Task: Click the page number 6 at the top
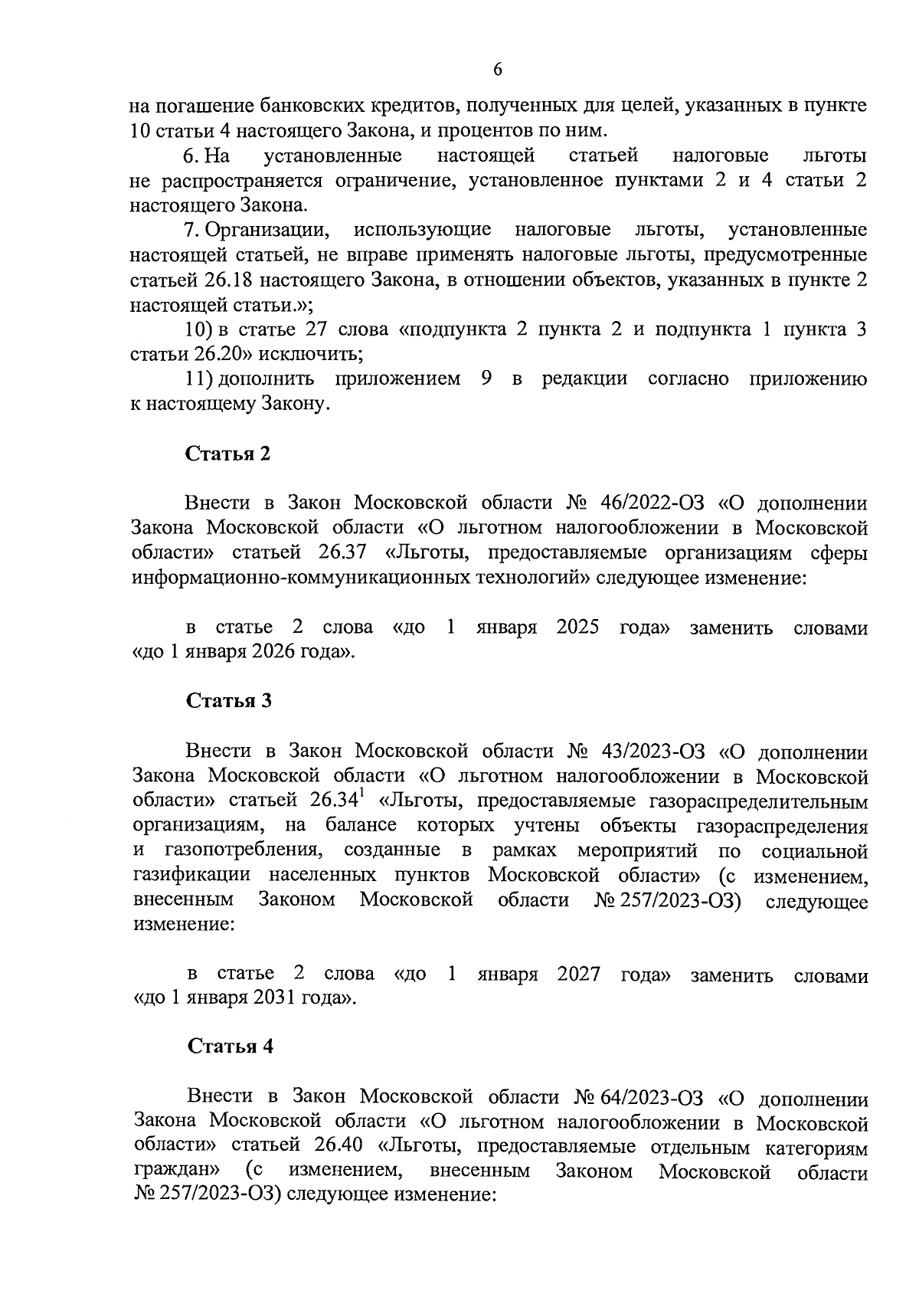pos(498,70)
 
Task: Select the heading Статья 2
pos(228,454)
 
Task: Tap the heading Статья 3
pos(229,700)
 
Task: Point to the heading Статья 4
pos(231,1047)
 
